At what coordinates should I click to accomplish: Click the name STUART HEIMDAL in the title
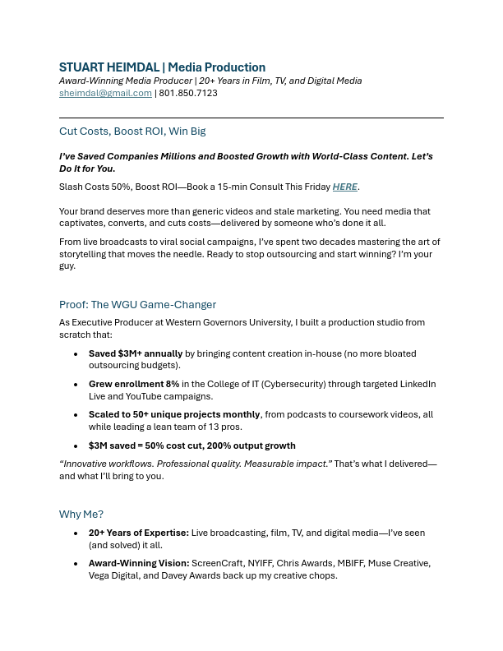pyautogui.click(x=108, y=67)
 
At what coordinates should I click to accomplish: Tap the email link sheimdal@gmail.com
pyautogui.click(x=105, y=93)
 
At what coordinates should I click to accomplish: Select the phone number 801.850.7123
pyautogui.click(x=188, y=93)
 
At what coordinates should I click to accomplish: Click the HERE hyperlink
pyautogui.click(x=344, y=187)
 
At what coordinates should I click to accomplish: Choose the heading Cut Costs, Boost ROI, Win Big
pyautogui.click(x=132, y=132)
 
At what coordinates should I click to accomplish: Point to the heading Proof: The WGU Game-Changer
pyautogui.click(x=137, y=304)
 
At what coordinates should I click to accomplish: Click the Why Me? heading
pyautogui.click(x=81, y=515)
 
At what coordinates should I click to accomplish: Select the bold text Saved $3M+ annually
pyautogui.click(x=136, y=353)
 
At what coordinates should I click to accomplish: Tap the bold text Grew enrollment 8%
pyautogui.click(x=134, y=384)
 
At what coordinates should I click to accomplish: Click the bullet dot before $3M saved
pyautogui.click(x=76, y=446)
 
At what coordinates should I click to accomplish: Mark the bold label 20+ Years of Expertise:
pyautogui.click(x=138, y=533)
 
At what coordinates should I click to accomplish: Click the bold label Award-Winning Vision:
pyautogui.click(x=139, y=563)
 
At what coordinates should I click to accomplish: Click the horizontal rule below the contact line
pyautogui.click(x=251, y=118)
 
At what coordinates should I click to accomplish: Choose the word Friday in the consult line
pyautogui.click(x=312, y=187)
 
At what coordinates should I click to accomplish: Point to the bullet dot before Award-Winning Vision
pyautogui.click(x=76, y=563)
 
